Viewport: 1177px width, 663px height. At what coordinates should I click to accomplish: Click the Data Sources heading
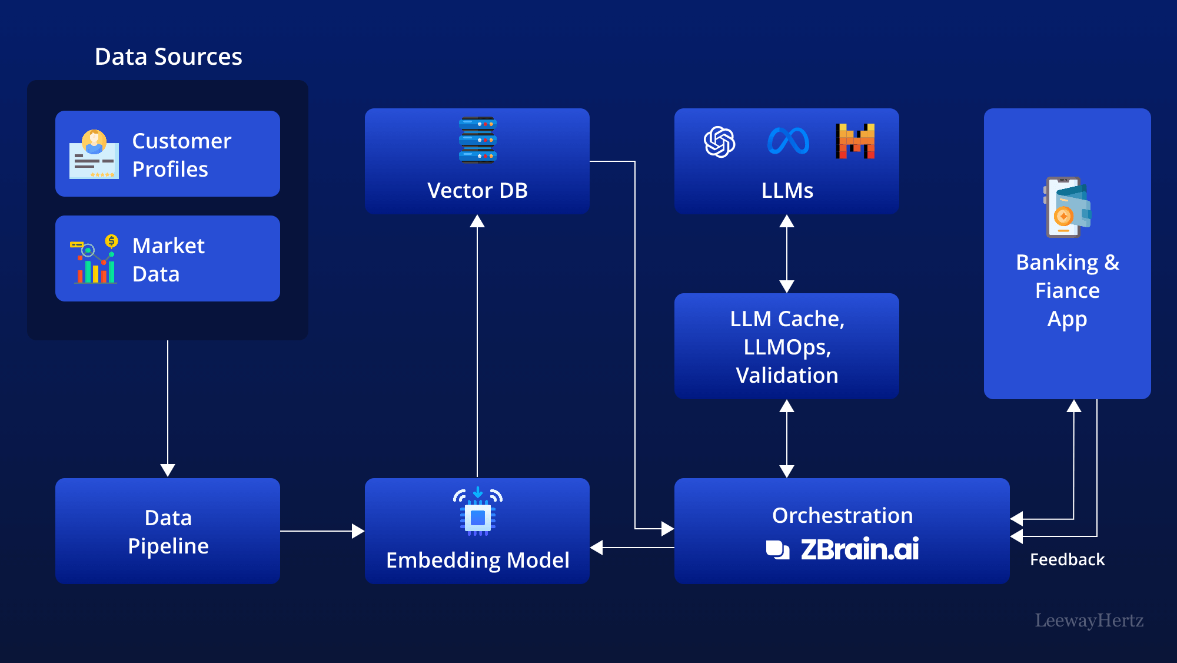pyautogui.click(x=168, y=57)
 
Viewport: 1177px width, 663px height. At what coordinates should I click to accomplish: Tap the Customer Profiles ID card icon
pyautogui.click(x=94, y=154)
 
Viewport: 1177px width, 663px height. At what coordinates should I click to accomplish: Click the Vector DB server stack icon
pyautogui.click(x=477, y=140)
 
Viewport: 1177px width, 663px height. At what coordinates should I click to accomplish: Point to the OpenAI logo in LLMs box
pyautogui.click(x=719, y=142)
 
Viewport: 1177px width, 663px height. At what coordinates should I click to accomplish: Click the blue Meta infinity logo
pyautogui.click(x=788, y=142)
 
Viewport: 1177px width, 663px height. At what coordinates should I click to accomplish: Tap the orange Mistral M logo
pyautogui.click(x=855, y=141)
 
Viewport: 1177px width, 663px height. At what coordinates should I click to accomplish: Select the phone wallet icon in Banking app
pyautogui.click(x=1066, y=207)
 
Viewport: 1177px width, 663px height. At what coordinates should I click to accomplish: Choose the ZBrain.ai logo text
pyautogui.click(x=859, y=549)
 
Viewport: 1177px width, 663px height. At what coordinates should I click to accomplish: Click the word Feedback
pyautogui.click(x=1067, y=559)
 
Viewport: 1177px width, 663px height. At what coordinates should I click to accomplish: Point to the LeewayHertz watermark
pyautogui.click(x=1089, y=620)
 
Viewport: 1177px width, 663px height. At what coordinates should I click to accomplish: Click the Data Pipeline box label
pyautogui.click(x=168, y=532)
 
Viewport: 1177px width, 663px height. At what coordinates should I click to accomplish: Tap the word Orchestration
pyautogui.click(x=842, y=516)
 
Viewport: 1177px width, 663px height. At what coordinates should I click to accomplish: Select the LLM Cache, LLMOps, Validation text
pyautogui.click(x=787, y=347)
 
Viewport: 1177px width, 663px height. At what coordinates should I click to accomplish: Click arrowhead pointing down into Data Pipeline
pyautogui.click(x=168, y=470)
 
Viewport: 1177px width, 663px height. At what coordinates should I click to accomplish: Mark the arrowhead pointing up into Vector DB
pyautogui.click(x=477, y=222)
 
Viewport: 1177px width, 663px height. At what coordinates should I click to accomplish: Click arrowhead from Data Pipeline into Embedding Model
pyautogui.click(x=358, y=531)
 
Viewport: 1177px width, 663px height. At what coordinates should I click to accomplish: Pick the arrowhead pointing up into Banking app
pyautogui.click(x=1074, y=406)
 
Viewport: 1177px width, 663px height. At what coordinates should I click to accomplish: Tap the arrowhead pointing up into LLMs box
pyautogui.click(x=787, y=222)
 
